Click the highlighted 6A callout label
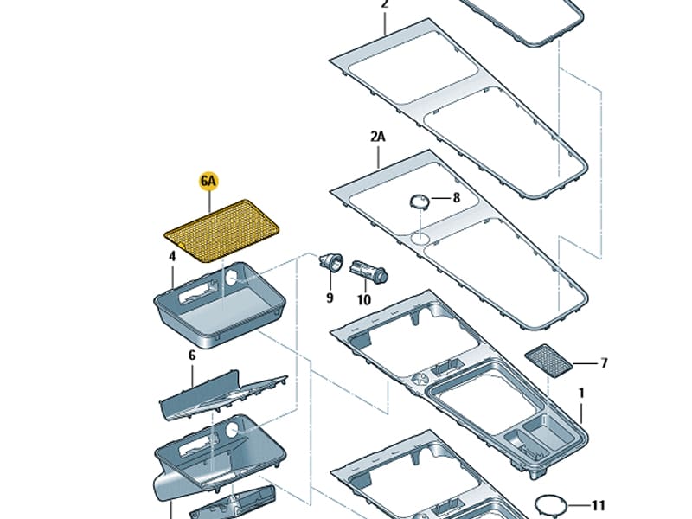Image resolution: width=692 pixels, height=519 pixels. pyautogui.click(x=209, y=181)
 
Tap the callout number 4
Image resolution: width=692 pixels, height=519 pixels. pyautogui.click(x=173, y=256)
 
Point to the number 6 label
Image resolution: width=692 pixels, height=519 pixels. pyautogui.click(x=192, y=355)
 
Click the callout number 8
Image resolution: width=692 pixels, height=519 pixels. pyautogui.click(x=457, y=198)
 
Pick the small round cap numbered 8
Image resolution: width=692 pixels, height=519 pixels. pyautogui.click(x=420, y=201)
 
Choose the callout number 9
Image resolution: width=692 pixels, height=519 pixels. pyautogui.click(x=330, y=298)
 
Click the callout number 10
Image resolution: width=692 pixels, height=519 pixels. pyautogui.click(x=363, y=299)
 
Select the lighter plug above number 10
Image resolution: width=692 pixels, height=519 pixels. pyautogui.click(x=368, y=271)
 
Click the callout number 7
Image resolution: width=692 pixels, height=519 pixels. pyautogui.click(x=604, y=363)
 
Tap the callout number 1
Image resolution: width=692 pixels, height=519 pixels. pyautogui.click(x=581, y=393)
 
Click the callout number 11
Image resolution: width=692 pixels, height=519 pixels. pyautogui.click(x=599, y=504)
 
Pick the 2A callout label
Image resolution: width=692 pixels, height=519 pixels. pyautogui.click(x=379, y=136)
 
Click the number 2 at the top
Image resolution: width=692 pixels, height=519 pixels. pyautogui.click(x=385, y=4)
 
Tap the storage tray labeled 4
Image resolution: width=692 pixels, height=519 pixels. pyautogui.click(x=220, y=304)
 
